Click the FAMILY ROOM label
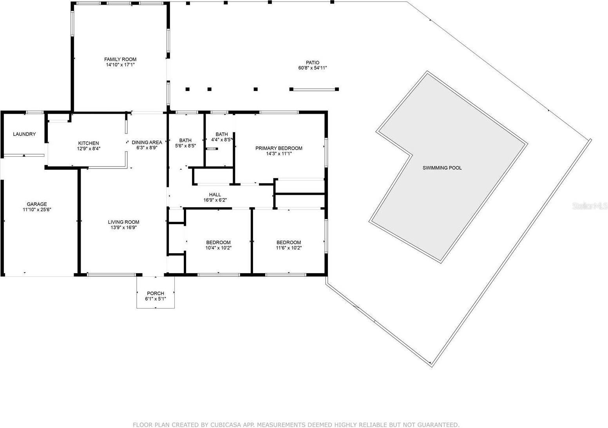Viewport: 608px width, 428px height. tap(120, 60)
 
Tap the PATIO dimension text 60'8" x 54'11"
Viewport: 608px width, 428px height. tap(312, 68)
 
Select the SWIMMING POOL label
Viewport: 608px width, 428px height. tap(442, 168)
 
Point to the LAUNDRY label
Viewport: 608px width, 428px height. tap(24, 134)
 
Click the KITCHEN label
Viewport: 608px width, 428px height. tap(89, 143)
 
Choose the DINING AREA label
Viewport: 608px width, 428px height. tap(147, 143)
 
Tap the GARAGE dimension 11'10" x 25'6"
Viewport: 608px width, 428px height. tap(37, 210)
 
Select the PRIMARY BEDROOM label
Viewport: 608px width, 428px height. tap(279, 148)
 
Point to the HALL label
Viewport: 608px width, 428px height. tap(215, 194)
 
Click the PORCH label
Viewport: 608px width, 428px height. tap(156, 293)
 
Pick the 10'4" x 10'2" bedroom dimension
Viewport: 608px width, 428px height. tap(218, 248)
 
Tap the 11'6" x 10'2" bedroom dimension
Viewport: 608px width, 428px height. tap(289, 248)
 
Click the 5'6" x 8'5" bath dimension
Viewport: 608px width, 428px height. tap(185, 146)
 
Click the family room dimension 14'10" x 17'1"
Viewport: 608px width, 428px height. tap(120, 65)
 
